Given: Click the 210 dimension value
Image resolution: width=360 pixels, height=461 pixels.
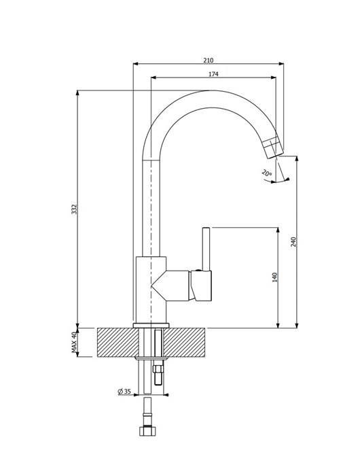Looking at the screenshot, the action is coord(209,61).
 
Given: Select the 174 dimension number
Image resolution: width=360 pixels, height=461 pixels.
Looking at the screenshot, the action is coord(213,74).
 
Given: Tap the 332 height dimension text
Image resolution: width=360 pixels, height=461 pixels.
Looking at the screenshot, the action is coord(74,209).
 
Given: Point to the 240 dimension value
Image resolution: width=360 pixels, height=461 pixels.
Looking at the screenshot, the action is coord(293,241).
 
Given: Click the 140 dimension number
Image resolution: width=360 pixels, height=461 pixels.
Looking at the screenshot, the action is coord(275,277).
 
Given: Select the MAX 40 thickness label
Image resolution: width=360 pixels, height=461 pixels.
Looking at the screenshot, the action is coord(74,342).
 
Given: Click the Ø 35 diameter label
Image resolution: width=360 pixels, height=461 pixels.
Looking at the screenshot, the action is coord(124,392).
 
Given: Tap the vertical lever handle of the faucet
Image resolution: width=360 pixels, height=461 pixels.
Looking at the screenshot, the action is coord(206,249).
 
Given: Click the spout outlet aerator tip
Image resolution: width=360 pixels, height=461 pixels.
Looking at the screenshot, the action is coord(273,146).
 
